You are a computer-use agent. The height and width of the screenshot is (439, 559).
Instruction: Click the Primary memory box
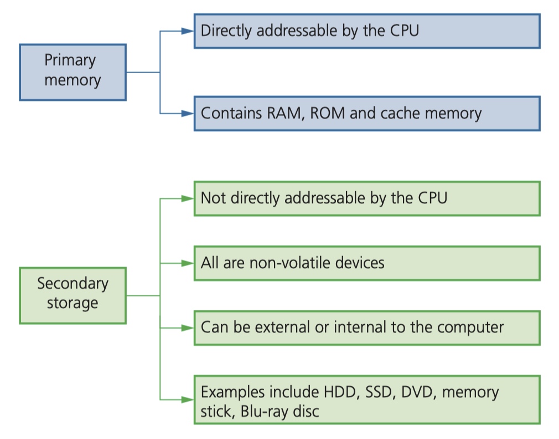73,73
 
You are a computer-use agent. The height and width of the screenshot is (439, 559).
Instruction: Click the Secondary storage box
73,295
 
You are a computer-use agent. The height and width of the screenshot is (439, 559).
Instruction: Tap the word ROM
327,113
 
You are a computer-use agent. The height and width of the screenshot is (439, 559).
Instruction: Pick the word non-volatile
290,263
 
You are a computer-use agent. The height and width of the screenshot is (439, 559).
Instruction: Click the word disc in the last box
306,411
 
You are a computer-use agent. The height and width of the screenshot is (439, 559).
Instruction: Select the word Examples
232,392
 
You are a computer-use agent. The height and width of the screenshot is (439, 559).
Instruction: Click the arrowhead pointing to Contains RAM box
188,114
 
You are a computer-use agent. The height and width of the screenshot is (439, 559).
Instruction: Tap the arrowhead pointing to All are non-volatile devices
188,263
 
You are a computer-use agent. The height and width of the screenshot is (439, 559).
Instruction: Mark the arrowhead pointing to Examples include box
188,400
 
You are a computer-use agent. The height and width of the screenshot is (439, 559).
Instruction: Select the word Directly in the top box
226,30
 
